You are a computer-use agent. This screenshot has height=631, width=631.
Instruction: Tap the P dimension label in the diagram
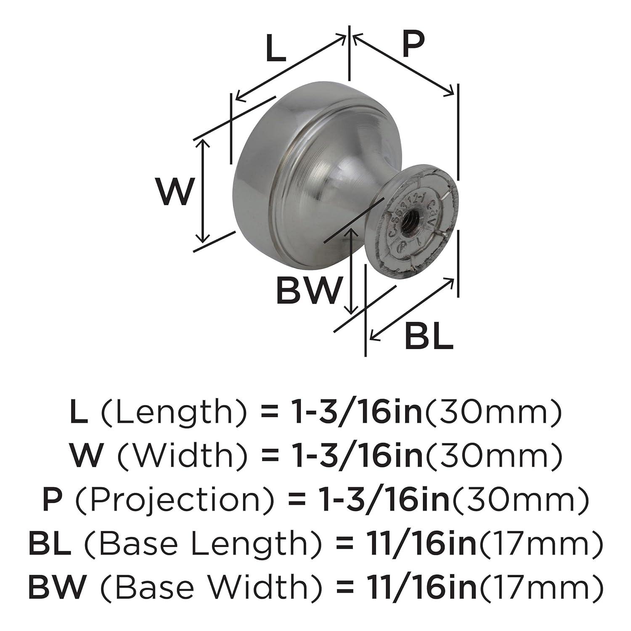(413, 44)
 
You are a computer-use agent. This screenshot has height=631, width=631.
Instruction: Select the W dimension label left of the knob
(176, 191)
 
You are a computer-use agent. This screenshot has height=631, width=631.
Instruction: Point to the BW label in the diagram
(308, 290)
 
